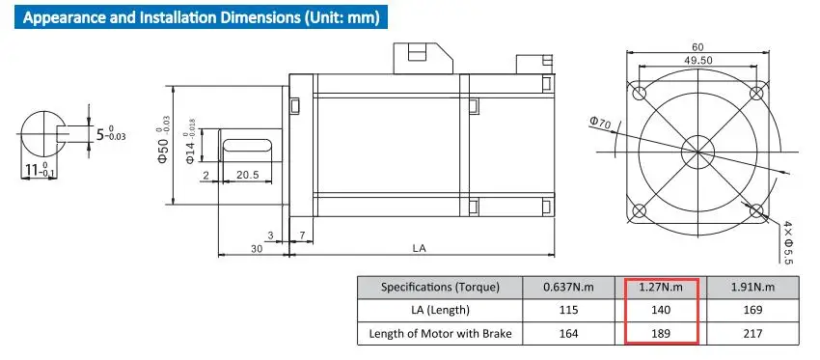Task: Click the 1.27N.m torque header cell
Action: point(661,288)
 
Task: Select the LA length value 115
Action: point(568,310)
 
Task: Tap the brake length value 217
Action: point(752,333)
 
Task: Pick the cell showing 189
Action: point(661,333)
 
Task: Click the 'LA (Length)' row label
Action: point(439,310)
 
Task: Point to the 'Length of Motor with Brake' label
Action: point(440,333)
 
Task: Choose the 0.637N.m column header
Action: point(568,288)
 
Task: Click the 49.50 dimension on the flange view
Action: point(698,60)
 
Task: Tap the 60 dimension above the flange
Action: point(698,46)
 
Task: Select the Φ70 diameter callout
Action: point(600,124)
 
